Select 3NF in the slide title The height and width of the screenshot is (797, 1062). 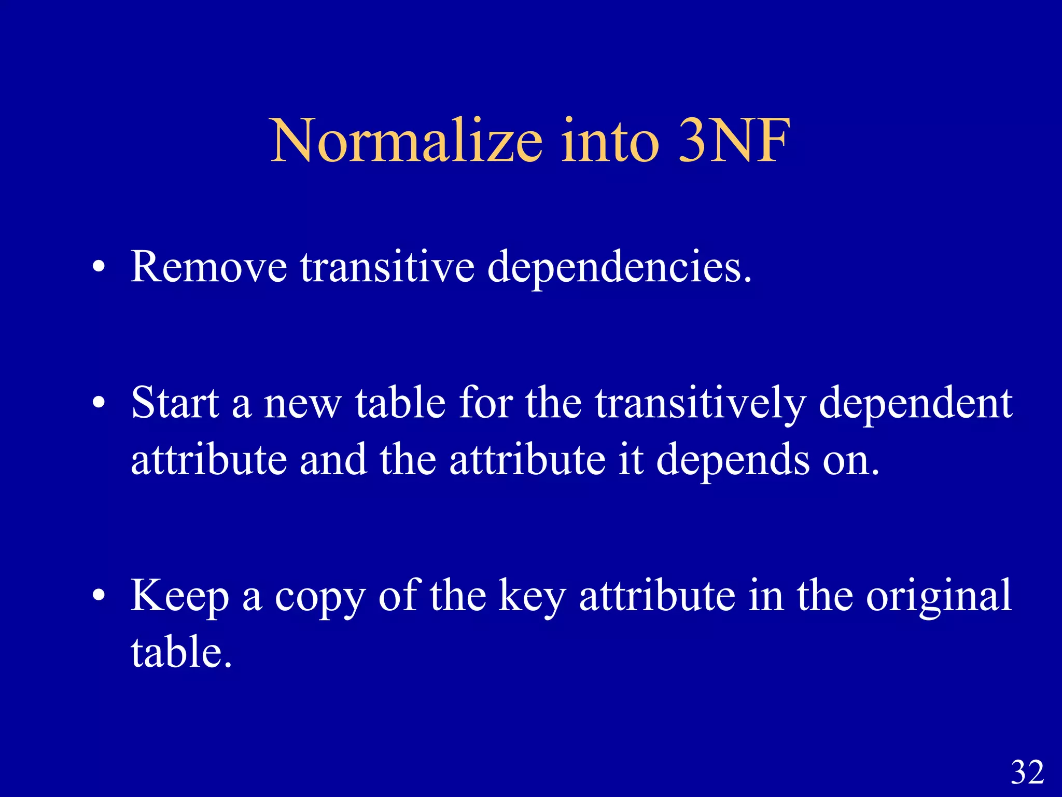click(734, 140)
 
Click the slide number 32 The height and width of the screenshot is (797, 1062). click(1027, 772)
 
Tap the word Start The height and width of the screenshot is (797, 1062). click(175, 403)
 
